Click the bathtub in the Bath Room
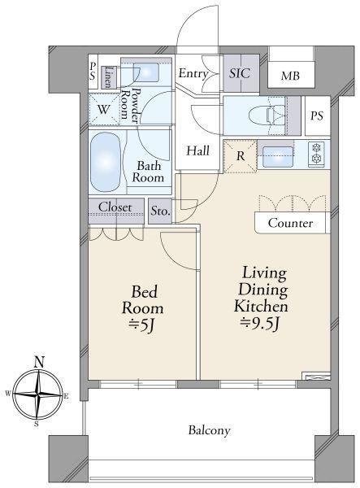(105, 162)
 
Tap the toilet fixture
(267, 115)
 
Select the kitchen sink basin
(278, 156)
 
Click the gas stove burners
(316, 154)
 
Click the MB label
(290, 76)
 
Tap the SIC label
(240, 73)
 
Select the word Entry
(193, 74)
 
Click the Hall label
(197, 151)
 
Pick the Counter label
(290, 223)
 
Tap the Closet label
(115, 207)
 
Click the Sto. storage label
(160, 211)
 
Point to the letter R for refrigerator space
(241, 156)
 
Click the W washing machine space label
(103, 110)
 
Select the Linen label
(107, 77)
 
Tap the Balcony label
(209, 430)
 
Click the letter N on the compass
(39, 362)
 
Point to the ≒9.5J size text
(261, 324)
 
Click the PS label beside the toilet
(317, 115)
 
